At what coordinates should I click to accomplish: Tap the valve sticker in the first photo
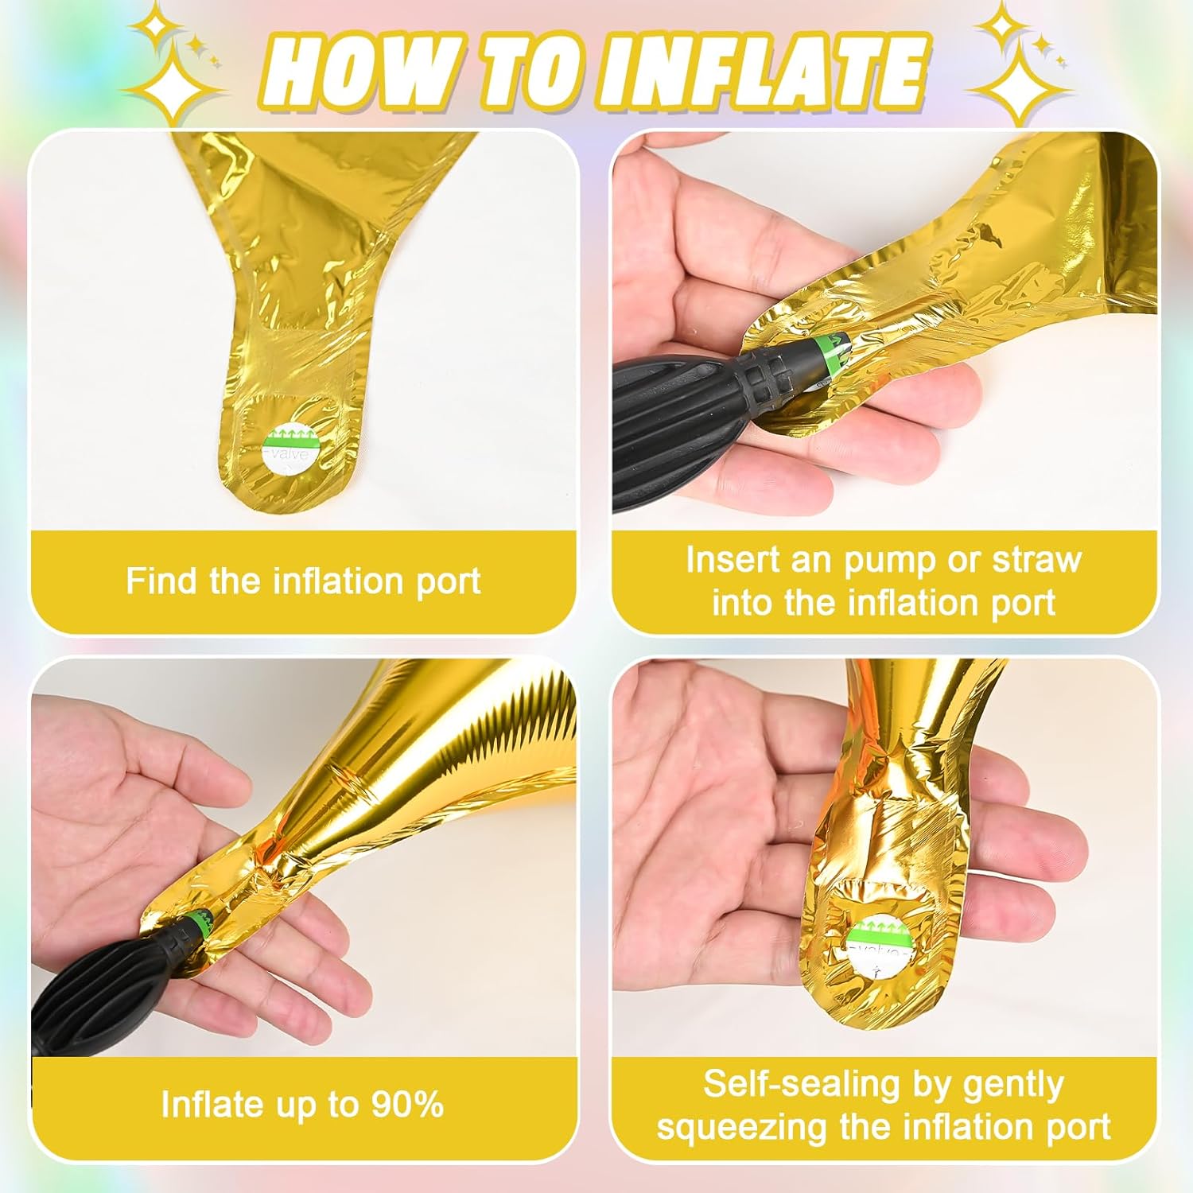pos(291,449)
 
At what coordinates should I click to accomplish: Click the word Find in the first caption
pos(161,581)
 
